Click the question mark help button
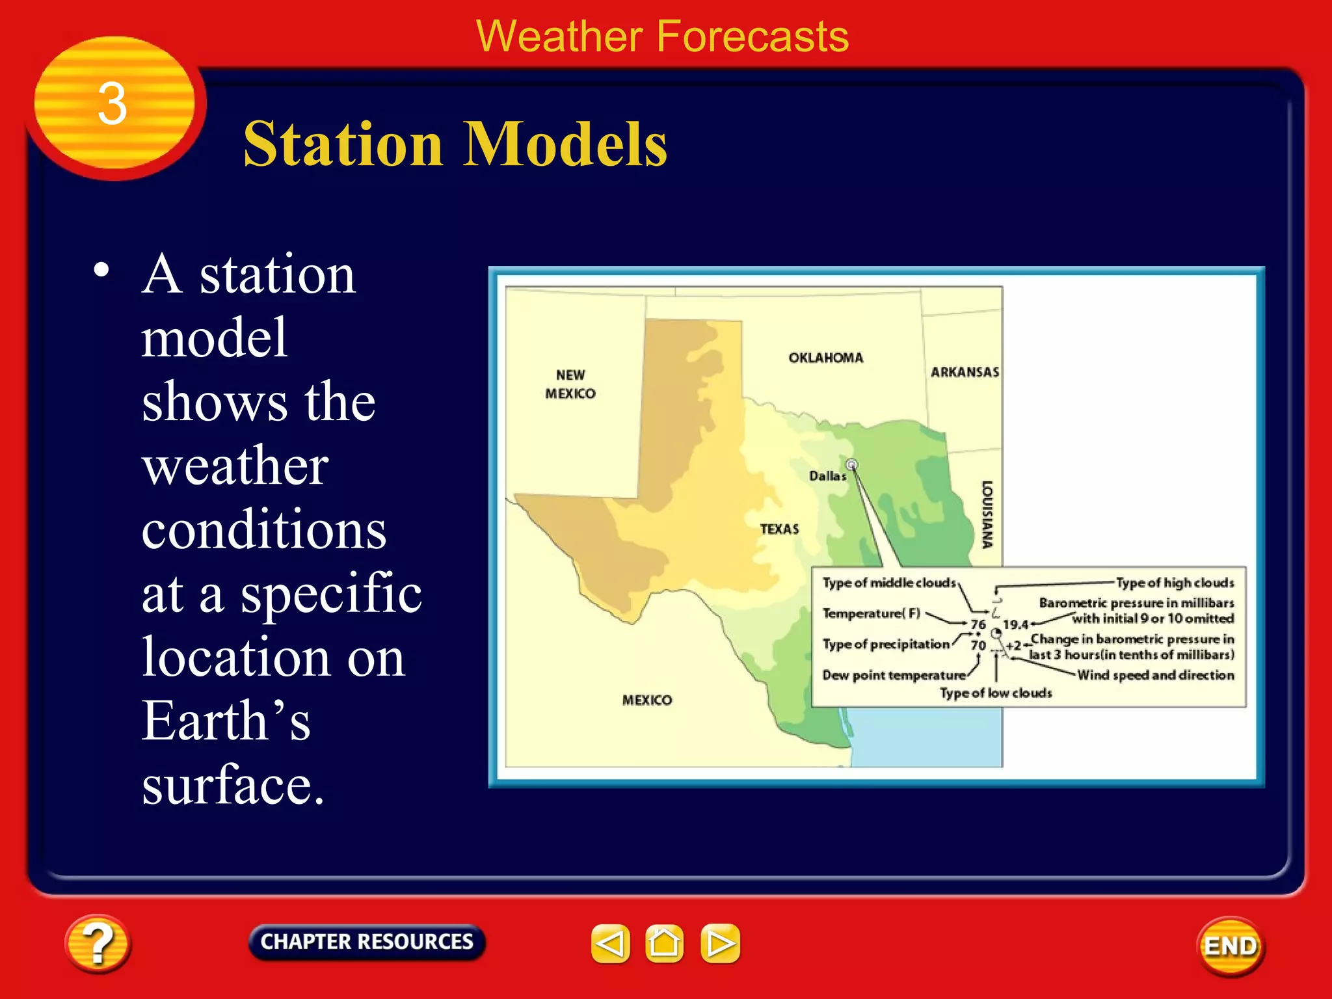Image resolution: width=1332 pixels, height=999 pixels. (98, 944)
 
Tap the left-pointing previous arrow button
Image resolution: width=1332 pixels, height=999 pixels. (610, 943)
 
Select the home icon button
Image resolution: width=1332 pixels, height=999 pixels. (664, 943)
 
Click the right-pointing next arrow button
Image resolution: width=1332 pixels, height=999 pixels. (720, 943)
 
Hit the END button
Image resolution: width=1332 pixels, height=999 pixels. (1231, 946)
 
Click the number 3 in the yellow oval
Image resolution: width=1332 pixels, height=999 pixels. (113, 104)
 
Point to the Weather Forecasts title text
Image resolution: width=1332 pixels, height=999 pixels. (662, 36)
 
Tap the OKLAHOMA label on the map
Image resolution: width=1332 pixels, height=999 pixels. (825, 358)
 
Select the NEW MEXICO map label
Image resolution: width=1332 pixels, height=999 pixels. (570, 384)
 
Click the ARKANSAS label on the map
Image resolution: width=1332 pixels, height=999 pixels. (965, 372)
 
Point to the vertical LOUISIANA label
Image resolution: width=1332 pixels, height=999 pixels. (987, 514)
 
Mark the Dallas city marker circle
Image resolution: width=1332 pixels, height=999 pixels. (851, 464)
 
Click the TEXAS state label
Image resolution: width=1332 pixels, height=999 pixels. (779, 529)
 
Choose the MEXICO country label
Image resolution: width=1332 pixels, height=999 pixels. (646, 700)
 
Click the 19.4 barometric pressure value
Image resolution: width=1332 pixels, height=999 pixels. (1015, 624)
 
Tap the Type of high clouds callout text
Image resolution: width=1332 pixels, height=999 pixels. (1175, 583)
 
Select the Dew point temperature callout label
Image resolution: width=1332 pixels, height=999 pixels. (894, 675)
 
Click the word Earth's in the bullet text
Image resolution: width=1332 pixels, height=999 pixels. (226, 721)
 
